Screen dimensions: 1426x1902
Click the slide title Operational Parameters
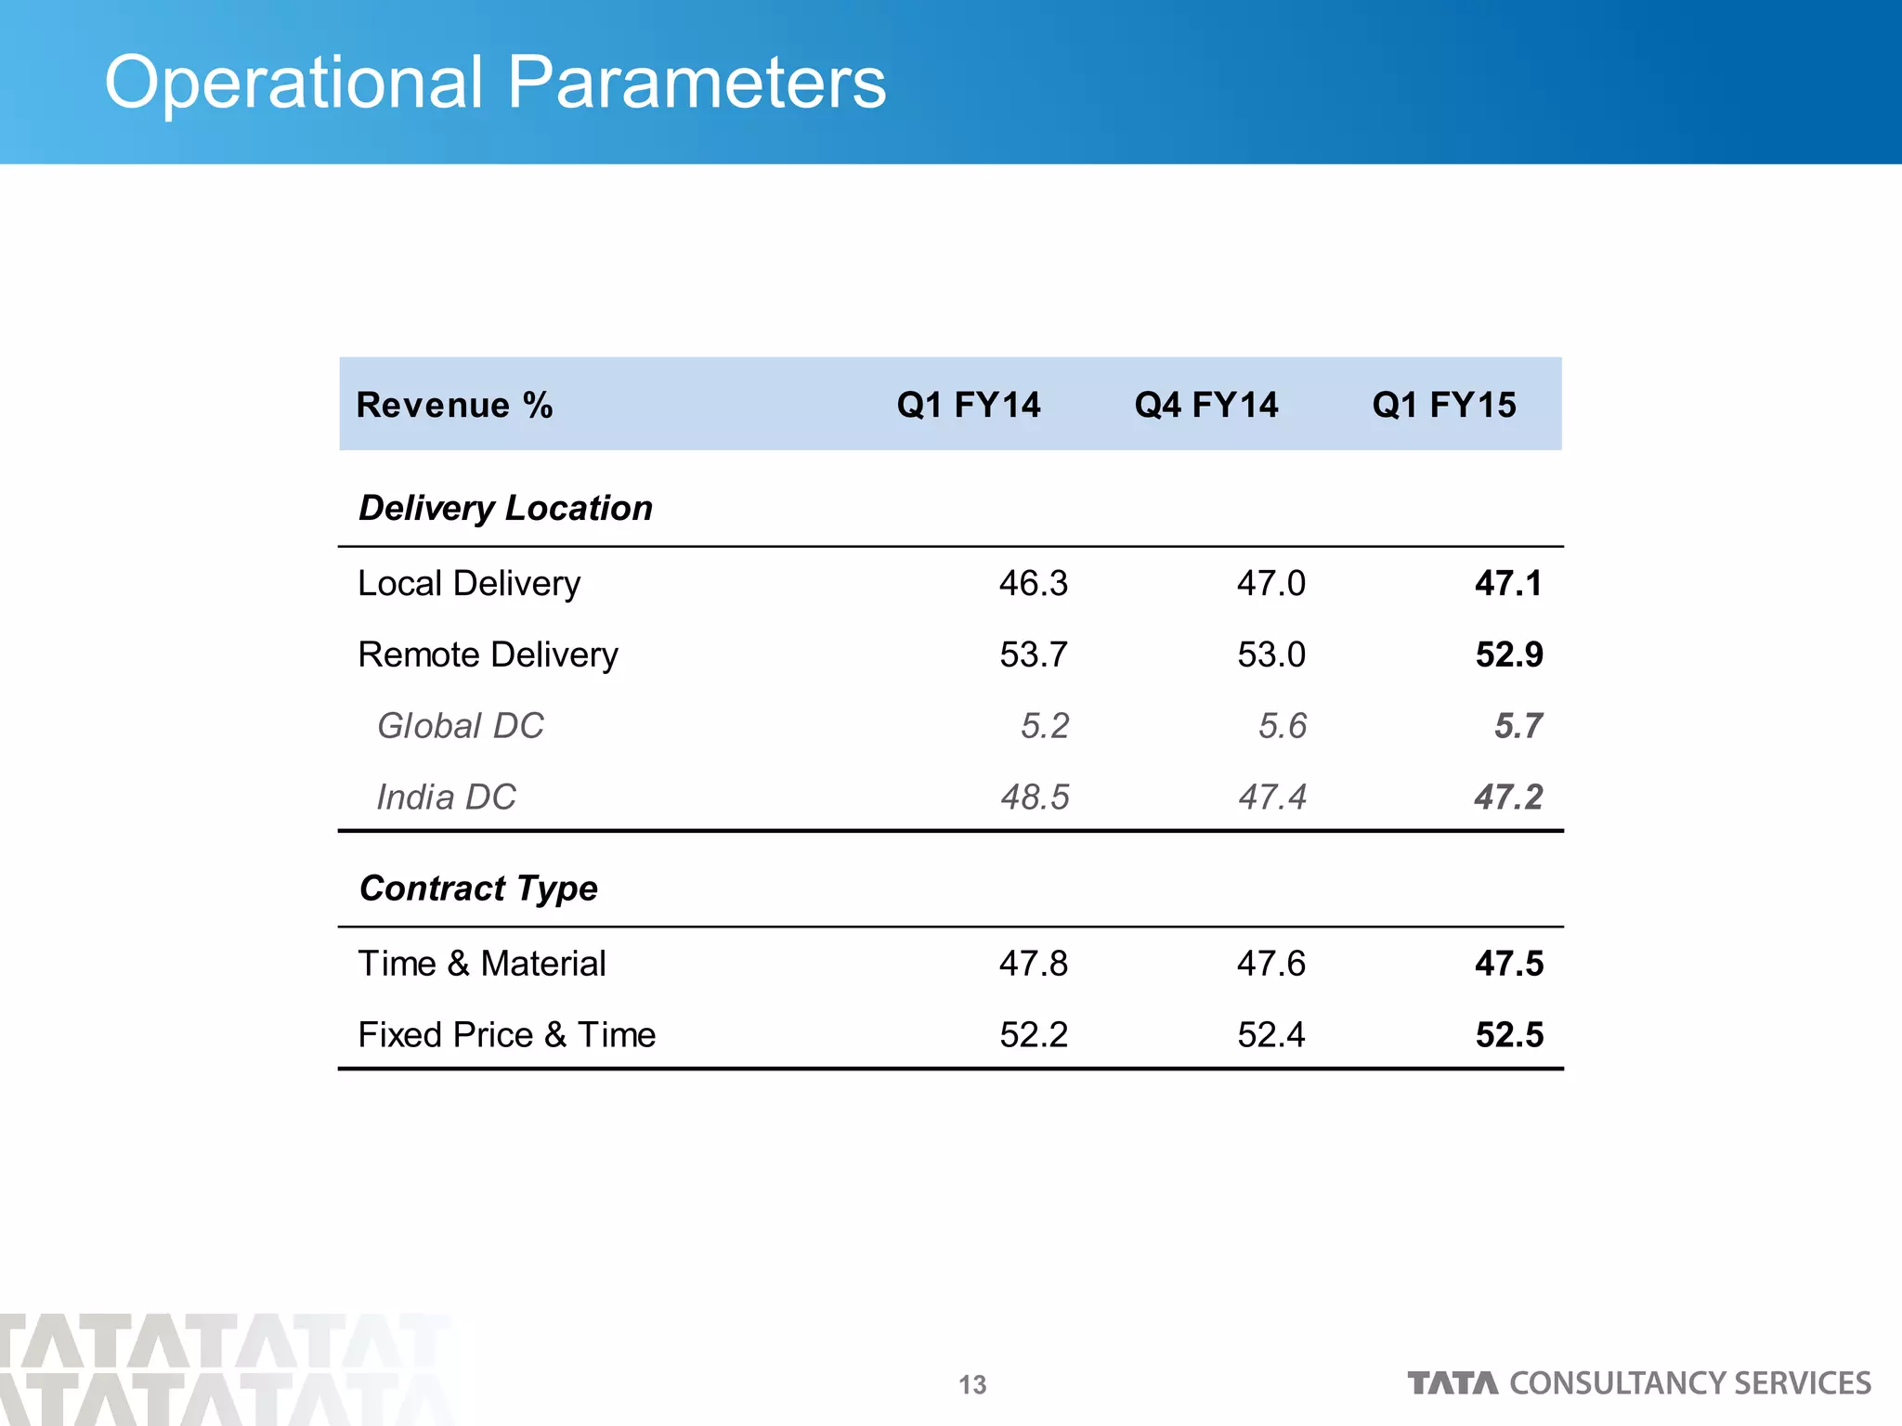pos(495,83)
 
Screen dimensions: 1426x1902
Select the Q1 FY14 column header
pos(969,405)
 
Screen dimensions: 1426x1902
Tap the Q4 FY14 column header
pos(1206,405)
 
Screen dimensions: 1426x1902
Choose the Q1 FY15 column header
pos(1444,405)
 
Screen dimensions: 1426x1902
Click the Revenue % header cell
pos(454,405)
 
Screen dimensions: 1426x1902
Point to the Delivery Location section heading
pos(505,508)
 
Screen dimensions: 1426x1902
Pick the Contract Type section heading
pos(478,888)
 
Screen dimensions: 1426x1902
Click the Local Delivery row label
pos(469,584)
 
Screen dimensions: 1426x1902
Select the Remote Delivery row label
pos(488,655)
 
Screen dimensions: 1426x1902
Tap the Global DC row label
pos(460,726)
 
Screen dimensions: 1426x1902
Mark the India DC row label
pos(446,797)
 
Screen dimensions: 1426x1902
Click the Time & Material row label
pos(482,964)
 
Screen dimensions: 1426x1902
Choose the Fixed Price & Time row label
pos(507,1035)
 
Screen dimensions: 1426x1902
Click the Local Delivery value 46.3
pos(1033,584)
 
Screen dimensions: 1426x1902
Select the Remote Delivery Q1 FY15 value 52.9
pos(1509,655)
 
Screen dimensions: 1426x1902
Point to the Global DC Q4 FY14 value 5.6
pos(1283,726)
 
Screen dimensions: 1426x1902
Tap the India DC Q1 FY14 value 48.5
pos(1035,797)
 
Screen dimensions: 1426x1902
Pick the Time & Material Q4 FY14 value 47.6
pos(1270,964)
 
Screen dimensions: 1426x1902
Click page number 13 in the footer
pos(972,1385)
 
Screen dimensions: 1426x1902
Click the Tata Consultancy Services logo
pos(1639,1383)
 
